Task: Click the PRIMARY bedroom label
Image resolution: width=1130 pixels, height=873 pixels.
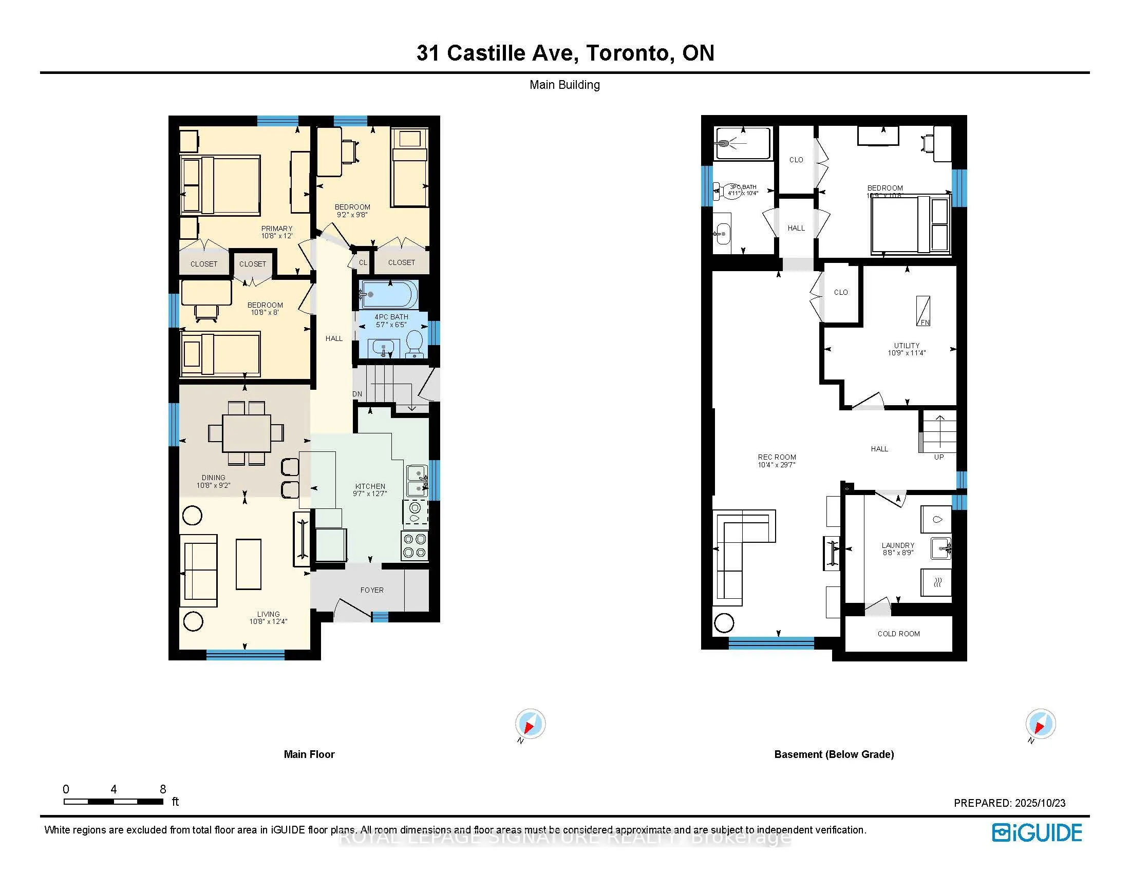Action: tap(276, 228)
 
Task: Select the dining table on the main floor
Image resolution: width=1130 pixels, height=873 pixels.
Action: tap(246, 433)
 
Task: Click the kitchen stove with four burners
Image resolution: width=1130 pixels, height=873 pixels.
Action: tap(415, 545)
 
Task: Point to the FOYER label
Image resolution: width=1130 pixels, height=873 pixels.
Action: tap(371, 590)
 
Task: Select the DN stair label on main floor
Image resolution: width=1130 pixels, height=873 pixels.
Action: tap(357, 394)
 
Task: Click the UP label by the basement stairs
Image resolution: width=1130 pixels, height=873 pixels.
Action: tap(938, 457)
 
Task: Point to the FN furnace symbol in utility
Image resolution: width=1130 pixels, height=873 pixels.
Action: tap(923, 311)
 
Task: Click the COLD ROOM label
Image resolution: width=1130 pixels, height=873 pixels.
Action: tap(898, 634)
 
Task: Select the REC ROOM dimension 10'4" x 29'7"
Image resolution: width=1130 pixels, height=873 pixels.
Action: tap(776, 464)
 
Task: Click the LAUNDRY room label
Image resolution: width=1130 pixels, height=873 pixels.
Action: tap(898, 545)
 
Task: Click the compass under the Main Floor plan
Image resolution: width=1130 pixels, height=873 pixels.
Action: tap(530, 724)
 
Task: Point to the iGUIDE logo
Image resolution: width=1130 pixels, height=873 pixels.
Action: tap(1037, 832)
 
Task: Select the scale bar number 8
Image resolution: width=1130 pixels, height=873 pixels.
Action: tap(162, 789)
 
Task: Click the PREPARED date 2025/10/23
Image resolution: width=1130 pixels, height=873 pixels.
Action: tap(1040, 803)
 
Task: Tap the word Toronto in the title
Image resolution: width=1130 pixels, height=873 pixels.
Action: tap(628, 53)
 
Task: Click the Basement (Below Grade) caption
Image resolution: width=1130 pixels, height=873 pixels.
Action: tap(834, 754)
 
